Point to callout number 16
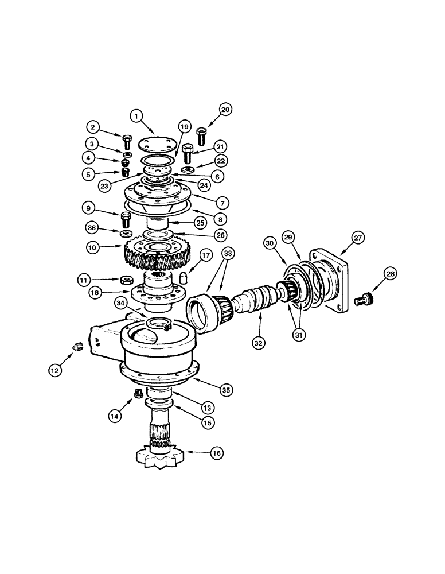[x=216, y=453]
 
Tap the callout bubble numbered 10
[x=94, y=248]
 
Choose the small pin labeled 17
[x=185, y=277]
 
